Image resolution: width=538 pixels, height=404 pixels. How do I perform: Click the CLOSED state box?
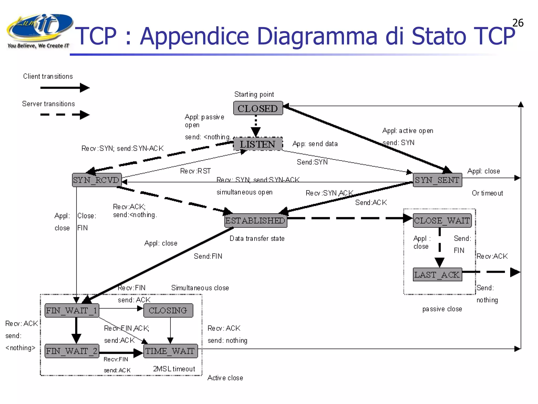[x=258, y=108]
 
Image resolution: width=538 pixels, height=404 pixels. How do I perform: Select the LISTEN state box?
[x=258, y=144]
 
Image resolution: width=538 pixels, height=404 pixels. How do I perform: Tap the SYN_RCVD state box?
[x=97, y=180]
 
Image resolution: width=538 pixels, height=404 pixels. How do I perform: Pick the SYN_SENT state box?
[x=437, y=180]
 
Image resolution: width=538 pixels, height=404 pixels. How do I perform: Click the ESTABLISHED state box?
[x=256, y=220]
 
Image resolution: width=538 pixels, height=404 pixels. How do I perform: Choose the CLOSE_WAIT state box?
[x=442, y=220]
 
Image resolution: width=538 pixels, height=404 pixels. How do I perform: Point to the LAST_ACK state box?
[x=437, y=275]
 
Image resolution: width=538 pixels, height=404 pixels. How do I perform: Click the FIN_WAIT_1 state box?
[x=72, y=310]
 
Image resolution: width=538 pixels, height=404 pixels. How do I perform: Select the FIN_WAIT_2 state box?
[x=72, y=351]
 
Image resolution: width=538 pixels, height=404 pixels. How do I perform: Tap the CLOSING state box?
[x=168, y=310]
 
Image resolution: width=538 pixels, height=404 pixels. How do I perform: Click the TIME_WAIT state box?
[x=170, y=351]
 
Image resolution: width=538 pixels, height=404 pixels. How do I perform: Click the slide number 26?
[x=518, y=23]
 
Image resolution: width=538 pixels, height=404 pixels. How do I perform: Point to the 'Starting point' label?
[x=254, y=94]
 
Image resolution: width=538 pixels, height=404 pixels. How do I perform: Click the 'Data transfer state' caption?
[x=257, y=238]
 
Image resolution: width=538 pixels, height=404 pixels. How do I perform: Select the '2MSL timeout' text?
[x=174, y=369]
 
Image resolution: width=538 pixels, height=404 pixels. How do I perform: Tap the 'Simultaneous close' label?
[x=200, y=288]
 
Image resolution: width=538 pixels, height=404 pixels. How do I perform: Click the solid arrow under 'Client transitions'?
[x=65, y=88]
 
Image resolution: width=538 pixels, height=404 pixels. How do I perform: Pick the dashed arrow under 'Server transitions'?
[x=65, y=115]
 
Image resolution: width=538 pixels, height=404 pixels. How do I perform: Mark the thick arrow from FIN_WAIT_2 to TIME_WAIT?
[x=121, y=353]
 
